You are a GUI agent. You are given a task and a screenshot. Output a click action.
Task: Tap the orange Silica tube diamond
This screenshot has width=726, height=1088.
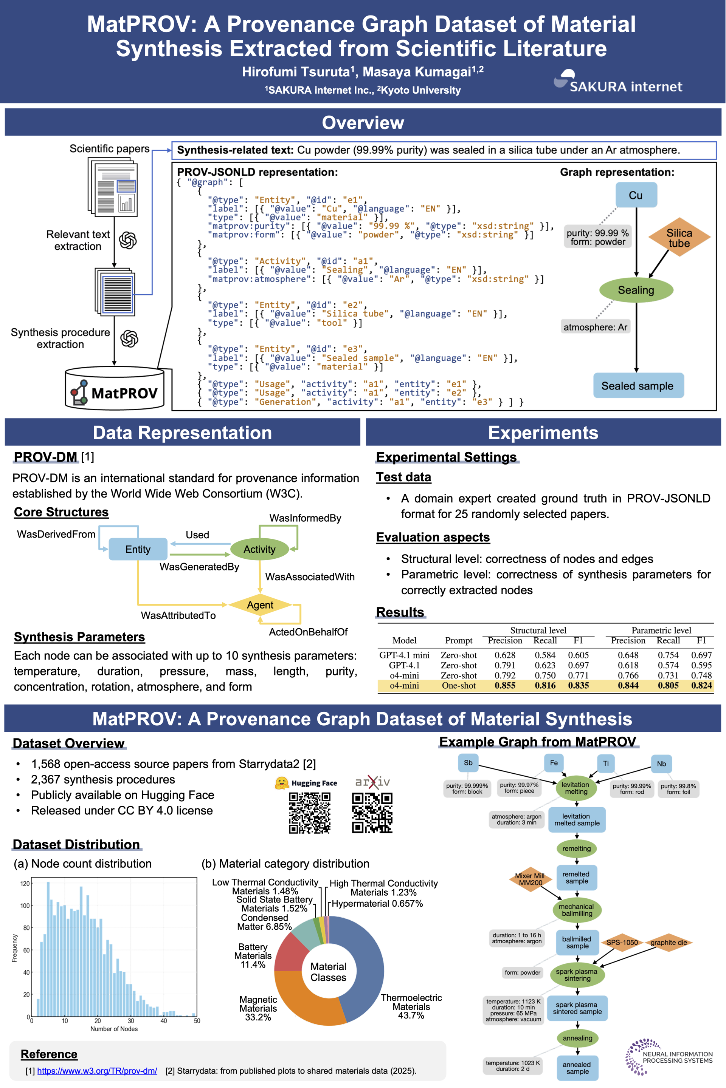click(x=679, y=238)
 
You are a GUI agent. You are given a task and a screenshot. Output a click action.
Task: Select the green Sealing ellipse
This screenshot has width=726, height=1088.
click(x=636, y=290)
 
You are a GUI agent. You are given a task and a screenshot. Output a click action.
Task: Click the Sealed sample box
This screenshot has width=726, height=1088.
click(x=638, y=386)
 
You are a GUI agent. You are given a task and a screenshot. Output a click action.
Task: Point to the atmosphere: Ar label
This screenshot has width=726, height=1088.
click(x=595, y=327)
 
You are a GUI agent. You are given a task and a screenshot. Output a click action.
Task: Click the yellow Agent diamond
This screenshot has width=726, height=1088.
click(x=260, y=604)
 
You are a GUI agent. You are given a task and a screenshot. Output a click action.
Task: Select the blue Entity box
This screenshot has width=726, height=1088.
click(x=138, y=549)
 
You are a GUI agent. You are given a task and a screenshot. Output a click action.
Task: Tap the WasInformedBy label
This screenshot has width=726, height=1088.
click(x=305, y=518)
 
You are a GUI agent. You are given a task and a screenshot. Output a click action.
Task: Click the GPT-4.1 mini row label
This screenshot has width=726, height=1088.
click(x=404, y=655)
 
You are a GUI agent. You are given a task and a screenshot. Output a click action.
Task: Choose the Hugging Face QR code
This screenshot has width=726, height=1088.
click(x=310, y=813)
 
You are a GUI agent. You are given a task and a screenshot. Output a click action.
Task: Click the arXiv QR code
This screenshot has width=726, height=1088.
click(x=372, y=813)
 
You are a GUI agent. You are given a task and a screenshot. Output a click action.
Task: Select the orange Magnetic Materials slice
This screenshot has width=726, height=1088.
click(x=301, y=995)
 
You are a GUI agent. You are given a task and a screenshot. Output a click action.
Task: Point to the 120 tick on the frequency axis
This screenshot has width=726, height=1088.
click(x=25, y=884)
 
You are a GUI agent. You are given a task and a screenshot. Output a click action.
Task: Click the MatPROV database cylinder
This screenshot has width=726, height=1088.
click(x=114, y=389)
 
